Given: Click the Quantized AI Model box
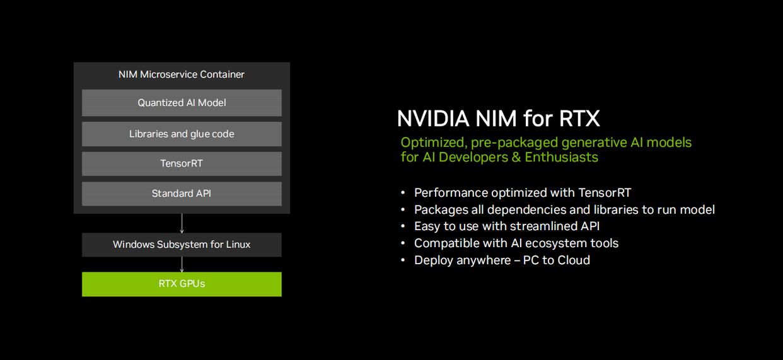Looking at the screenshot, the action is [182, 103].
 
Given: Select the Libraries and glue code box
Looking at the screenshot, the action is [182, 134].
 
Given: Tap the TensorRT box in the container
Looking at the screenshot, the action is [182, 163].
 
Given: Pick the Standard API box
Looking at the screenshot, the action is [182, 194].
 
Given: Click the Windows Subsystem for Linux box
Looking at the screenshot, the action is [182, 245].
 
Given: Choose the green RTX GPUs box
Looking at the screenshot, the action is [182, 284].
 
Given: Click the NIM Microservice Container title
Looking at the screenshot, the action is [182, 74].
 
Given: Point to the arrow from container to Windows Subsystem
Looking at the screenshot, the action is [182, 223].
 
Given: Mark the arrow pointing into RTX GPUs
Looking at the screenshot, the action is [182, 265].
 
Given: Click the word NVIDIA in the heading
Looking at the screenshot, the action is [433, 119].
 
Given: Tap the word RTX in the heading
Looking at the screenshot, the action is [579, 119].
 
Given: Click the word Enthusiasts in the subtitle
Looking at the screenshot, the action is [561, 157].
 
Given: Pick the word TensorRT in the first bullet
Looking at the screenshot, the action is [605, 192].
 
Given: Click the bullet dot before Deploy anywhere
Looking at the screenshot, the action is [403, 260].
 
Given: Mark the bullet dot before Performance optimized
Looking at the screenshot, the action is [403, 192].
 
